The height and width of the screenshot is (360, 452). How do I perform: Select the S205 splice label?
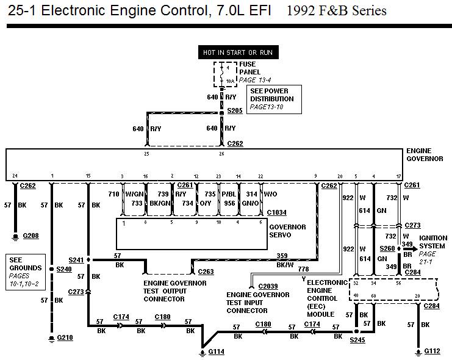pos(235,110)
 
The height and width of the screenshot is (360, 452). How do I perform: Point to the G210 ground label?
pos(65,337)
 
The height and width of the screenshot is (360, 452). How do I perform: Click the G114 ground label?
pos(217,351)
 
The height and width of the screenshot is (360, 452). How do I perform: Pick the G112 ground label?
pos(432,351)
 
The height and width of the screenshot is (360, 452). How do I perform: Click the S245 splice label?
pos(357,339)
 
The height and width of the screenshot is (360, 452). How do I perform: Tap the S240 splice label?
pos(63,268)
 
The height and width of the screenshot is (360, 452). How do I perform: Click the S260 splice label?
pos(388,248)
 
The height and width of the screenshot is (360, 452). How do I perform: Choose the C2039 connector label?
pos(268,286)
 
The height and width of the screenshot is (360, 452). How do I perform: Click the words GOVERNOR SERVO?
pos(287,231)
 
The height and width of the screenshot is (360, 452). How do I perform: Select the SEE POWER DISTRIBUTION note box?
pos(272,99)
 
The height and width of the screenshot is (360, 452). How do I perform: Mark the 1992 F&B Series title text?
pos(335,11)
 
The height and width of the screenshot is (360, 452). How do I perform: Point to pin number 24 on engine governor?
pos(15,175)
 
